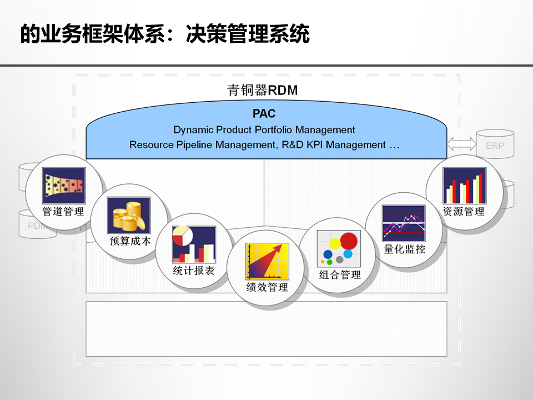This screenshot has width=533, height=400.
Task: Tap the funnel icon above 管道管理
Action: coord(64,186)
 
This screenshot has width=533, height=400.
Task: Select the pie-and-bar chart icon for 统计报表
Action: coord(193,244)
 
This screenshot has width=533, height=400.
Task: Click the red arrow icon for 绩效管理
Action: coord(267,261)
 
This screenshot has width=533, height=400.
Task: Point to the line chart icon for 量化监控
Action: coord(404,223)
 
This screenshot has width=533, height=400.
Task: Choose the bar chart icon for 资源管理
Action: coord(464,186)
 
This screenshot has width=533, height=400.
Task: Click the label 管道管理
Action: coord(63,212)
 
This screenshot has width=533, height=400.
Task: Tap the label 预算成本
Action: coord(130,241)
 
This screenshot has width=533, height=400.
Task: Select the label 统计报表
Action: coord(194,271)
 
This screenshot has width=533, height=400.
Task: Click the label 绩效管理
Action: coord(267,287)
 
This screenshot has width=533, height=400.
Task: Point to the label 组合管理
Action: coord(340,275)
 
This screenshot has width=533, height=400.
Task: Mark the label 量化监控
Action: coord(405,249)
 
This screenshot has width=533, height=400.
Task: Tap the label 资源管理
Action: coord(464,212)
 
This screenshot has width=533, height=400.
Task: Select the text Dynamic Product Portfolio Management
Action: coord(264,130)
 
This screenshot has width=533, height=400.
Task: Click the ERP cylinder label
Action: coord(495,146)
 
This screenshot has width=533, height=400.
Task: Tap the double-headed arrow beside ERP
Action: coord(461,144)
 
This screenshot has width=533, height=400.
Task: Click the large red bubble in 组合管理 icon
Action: coord(349,241)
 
